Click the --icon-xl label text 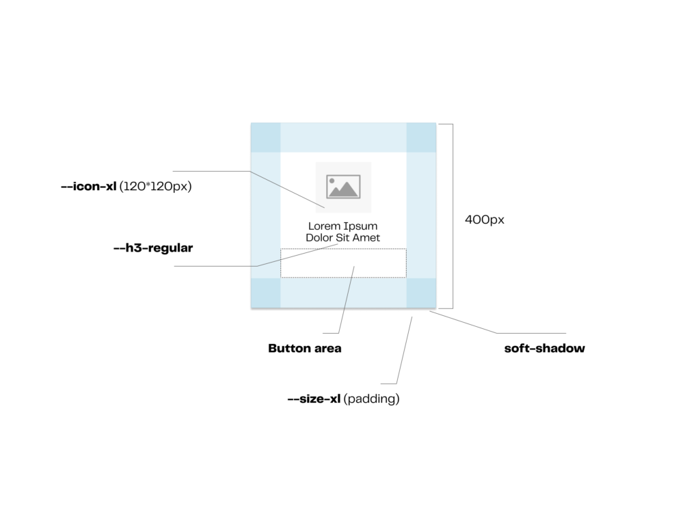(90, 185)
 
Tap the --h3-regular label (153, 248)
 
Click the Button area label (305, 348)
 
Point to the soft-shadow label (545, 348)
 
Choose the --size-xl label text (314, 399)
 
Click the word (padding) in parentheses (373, 399)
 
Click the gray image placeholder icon (343, 187)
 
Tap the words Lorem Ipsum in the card (342, 226)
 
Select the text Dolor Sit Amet (342, 238)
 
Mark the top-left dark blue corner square (266, 137)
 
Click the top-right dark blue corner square (421, 137)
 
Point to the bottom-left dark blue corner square (266, 293)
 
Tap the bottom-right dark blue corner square (421, 293)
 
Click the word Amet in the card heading (367, 238)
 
